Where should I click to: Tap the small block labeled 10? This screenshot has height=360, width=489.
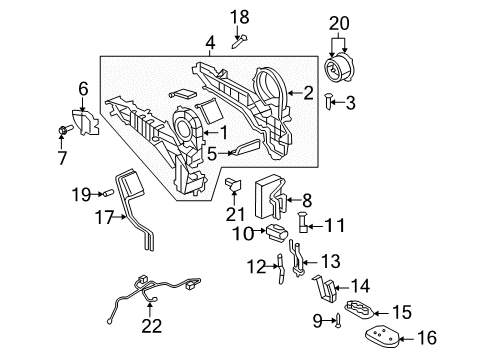(273, 234)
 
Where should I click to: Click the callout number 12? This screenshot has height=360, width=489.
(256, 265)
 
